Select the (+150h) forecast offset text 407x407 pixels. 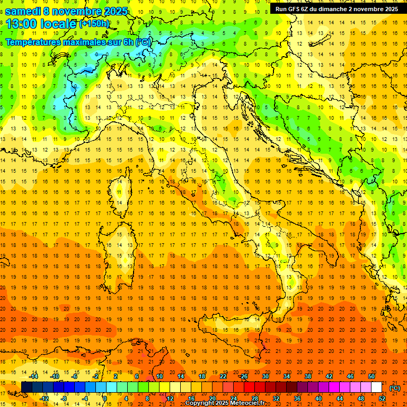click(x=94, y=23)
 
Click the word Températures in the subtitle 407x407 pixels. click(x=33, y=42)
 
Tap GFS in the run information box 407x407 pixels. click(x=292, y=9)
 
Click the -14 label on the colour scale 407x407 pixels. click(x=34, y=376)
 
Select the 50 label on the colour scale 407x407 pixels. click(x=371, y=376)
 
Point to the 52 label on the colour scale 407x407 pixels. click(x=382, y=398)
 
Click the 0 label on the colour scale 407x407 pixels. click(x=105, y=398)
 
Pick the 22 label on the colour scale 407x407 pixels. click(x=223, y=376)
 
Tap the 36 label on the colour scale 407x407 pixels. click(x=297, y=398)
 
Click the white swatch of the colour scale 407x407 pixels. click(x=376, y=387)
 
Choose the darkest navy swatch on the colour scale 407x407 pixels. click(x=26, y=387)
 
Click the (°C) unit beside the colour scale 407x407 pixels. click(x=395, y=388)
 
